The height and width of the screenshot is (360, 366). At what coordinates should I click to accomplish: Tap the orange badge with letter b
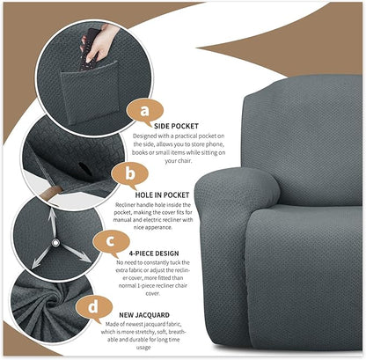click(129, 173)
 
